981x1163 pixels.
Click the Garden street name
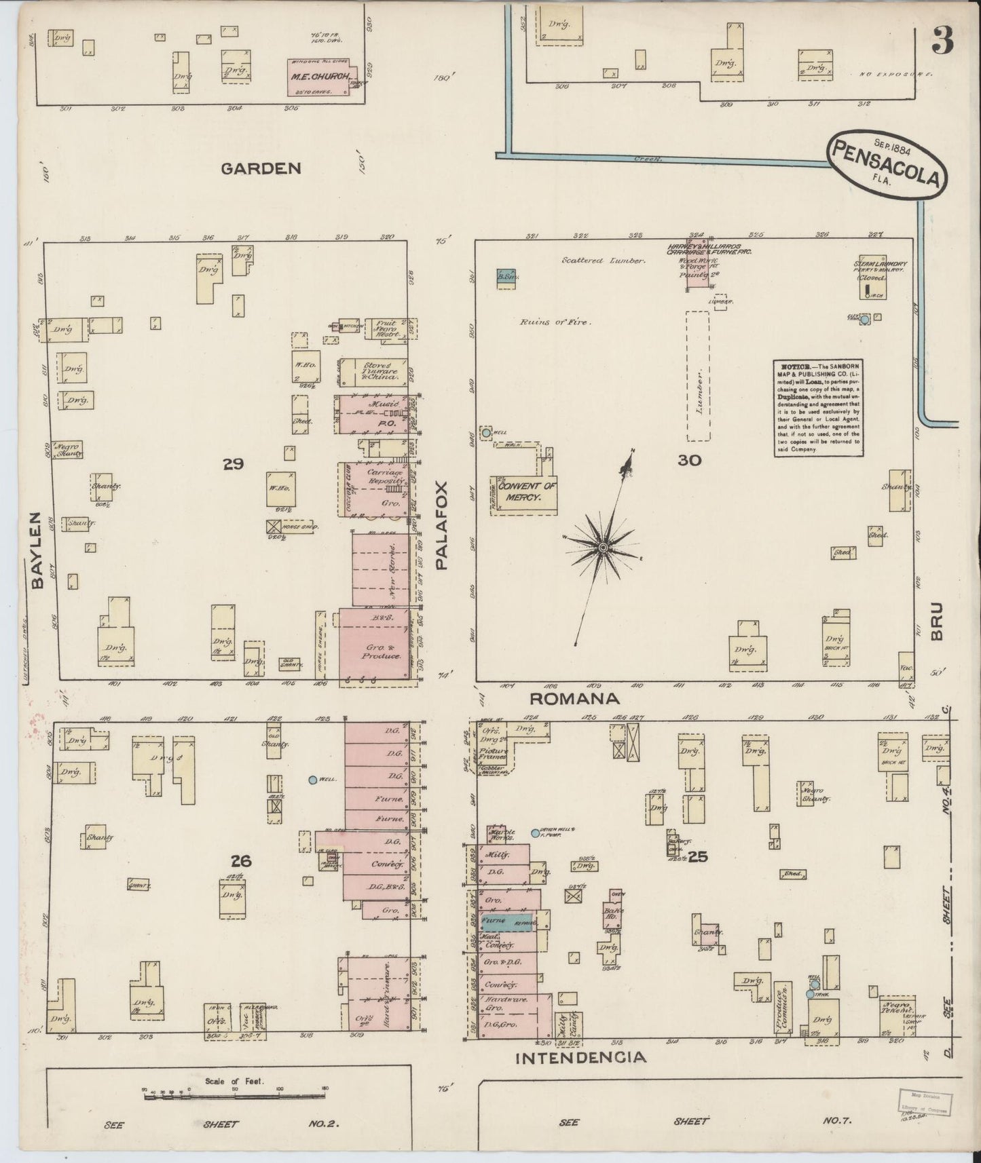[261, 168]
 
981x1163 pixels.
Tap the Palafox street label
[442, 525]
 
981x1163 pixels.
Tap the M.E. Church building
[320, 77]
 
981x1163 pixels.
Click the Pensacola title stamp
[885, 163]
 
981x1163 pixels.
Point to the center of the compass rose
[602, 547]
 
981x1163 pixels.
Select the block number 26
[240, 861]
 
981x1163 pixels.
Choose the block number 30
[688, 460]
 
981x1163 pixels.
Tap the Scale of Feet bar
[234, 1092]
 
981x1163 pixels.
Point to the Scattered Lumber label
[603, 260]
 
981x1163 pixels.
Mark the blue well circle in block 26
[313, 780]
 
